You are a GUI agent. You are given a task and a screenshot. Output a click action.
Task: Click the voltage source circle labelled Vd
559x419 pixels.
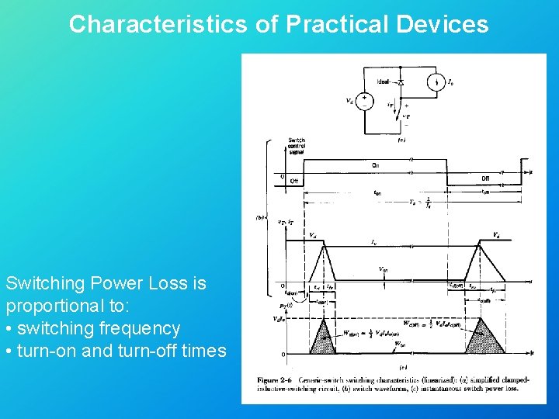(x=362, y=101)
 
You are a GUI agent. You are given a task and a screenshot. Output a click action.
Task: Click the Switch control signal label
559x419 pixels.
(x=297, y=147)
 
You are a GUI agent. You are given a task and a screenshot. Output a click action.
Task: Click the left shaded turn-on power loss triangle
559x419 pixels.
(x=320, y=337)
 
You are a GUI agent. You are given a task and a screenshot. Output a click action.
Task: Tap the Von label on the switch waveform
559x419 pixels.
(x=384, y=270)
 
